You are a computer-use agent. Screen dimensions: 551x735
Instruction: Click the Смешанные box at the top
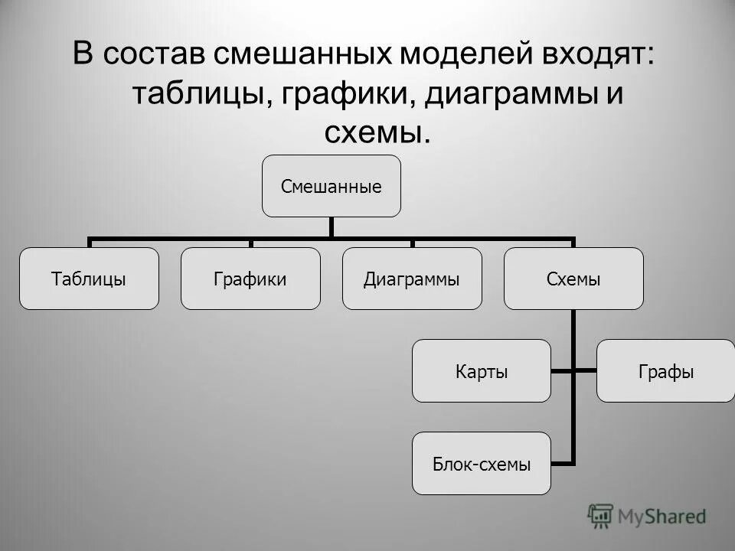(332, 186)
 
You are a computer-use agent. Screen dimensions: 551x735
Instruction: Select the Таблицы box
(89, 279)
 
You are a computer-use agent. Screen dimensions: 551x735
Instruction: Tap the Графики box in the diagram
(250, 279)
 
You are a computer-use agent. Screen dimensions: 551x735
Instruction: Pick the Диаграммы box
(412, 279)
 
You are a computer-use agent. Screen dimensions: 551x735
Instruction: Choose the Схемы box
(573, 279)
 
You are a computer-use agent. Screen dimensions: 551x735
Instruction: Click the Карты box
(482, 371)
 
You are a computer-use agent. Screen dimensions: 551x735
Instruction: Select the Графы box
(665, 371)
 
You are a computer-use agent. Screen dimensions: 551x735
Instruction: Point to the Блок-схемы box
(482, 463)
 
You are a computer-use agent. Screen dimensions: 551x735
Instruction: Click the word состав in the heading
(155, 55)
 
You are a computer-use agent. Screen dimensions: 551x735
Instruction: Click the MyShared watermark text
(662, 516)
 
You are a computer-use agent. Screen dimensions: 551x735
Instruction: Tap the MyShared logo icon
(601, 515)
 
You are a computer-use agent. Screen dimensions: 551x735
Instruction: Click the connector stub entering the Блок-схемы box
(562, 462)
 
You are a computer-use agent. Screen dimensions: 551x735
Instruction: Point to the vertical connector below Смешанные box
(332, 227)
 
